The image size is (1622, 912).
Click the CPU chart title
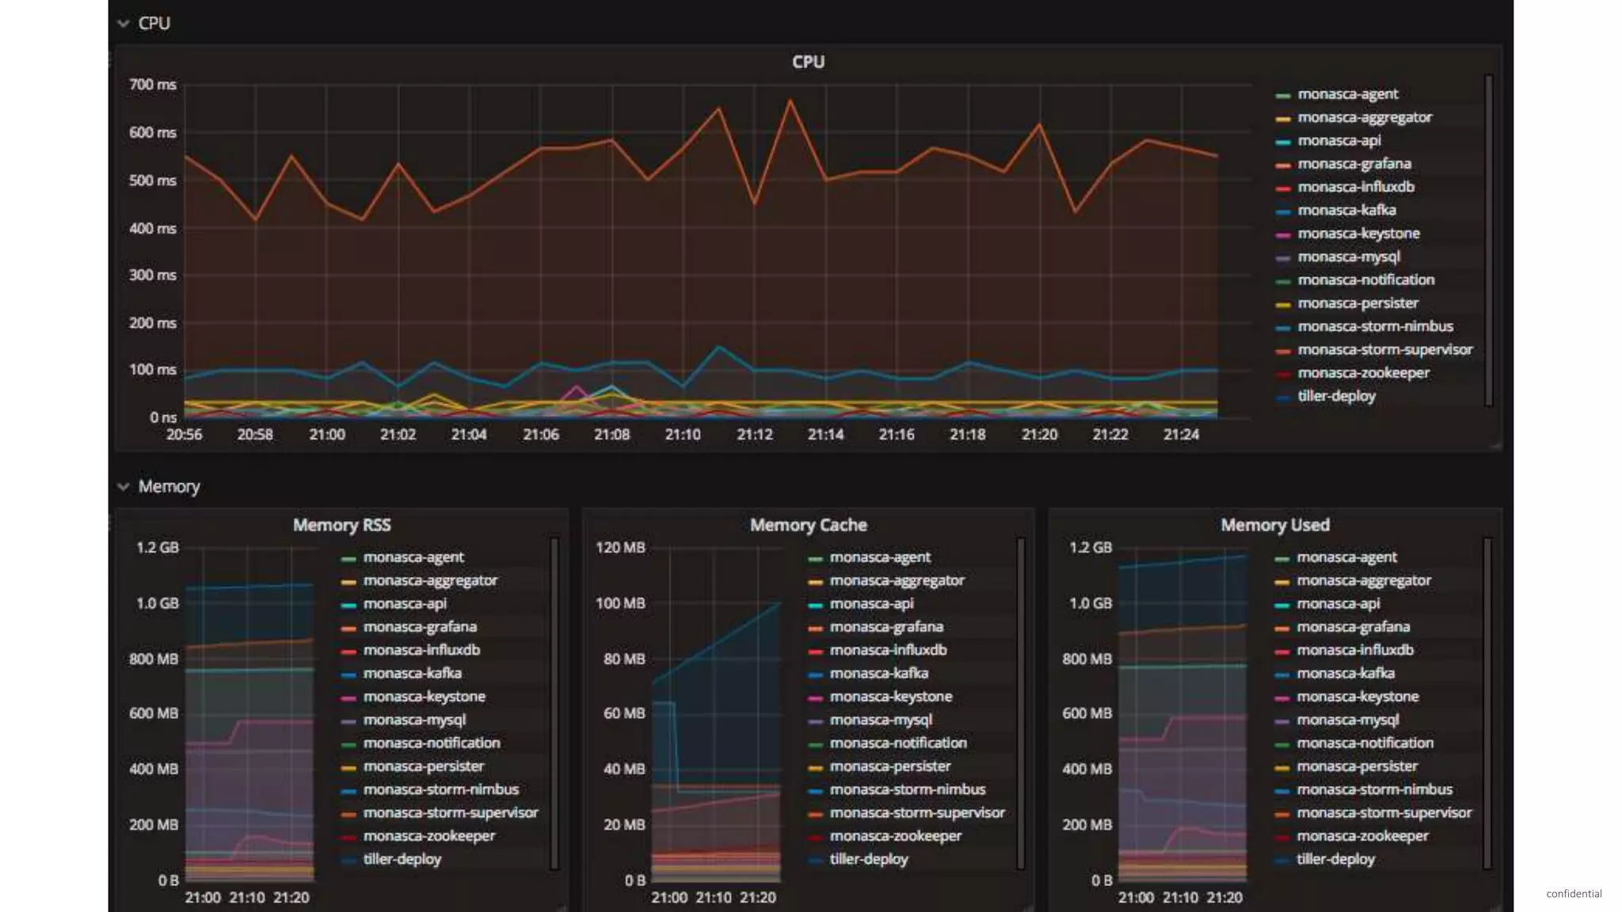tap(808, 62)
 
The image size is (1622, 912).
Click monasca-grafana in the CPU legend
tap(1354, 164)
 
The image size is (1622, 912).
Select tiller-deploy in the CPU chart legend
tap(1336, 396)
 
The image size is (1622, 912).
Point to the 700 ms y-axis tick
tap(153, 85)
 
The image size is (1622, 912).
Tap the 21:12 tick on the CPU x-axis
tap(754, 435)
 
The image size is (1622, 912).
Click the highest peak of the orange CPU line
tap(790, 101)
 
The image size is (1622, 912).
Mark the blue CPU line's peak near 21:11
tap(718, 347)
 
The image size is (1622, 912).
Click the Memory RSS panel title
tap(341, 525)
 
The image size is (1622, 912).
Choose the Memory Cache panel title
tap(808, 525)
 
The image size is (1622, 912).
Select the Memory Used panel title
tap(1274, 525)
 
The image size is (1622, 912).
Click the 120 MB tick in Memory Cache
tap(620, 548)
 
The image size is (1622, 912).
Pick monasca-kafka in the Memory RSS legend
tap(412, 673)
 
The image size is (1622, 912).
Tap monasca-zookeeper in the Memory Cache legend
tap(895, 836)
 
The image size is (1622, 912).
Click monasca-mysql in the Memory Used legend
tap(1347, 720)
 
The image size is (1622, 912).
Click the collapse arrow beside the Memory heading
tap(123, 486)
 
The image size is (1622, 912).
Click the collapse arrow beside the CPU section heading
tap(123, 23)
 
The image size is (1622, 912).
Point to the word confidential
tap(1573, 893)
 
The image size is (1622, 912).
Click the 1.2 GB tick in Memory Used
tap(1090, 548)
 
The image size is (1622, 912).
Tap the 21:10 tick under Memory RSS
tap(247, 898)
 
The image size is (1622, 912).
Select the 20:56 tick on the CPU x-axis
tap(184, 435)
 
